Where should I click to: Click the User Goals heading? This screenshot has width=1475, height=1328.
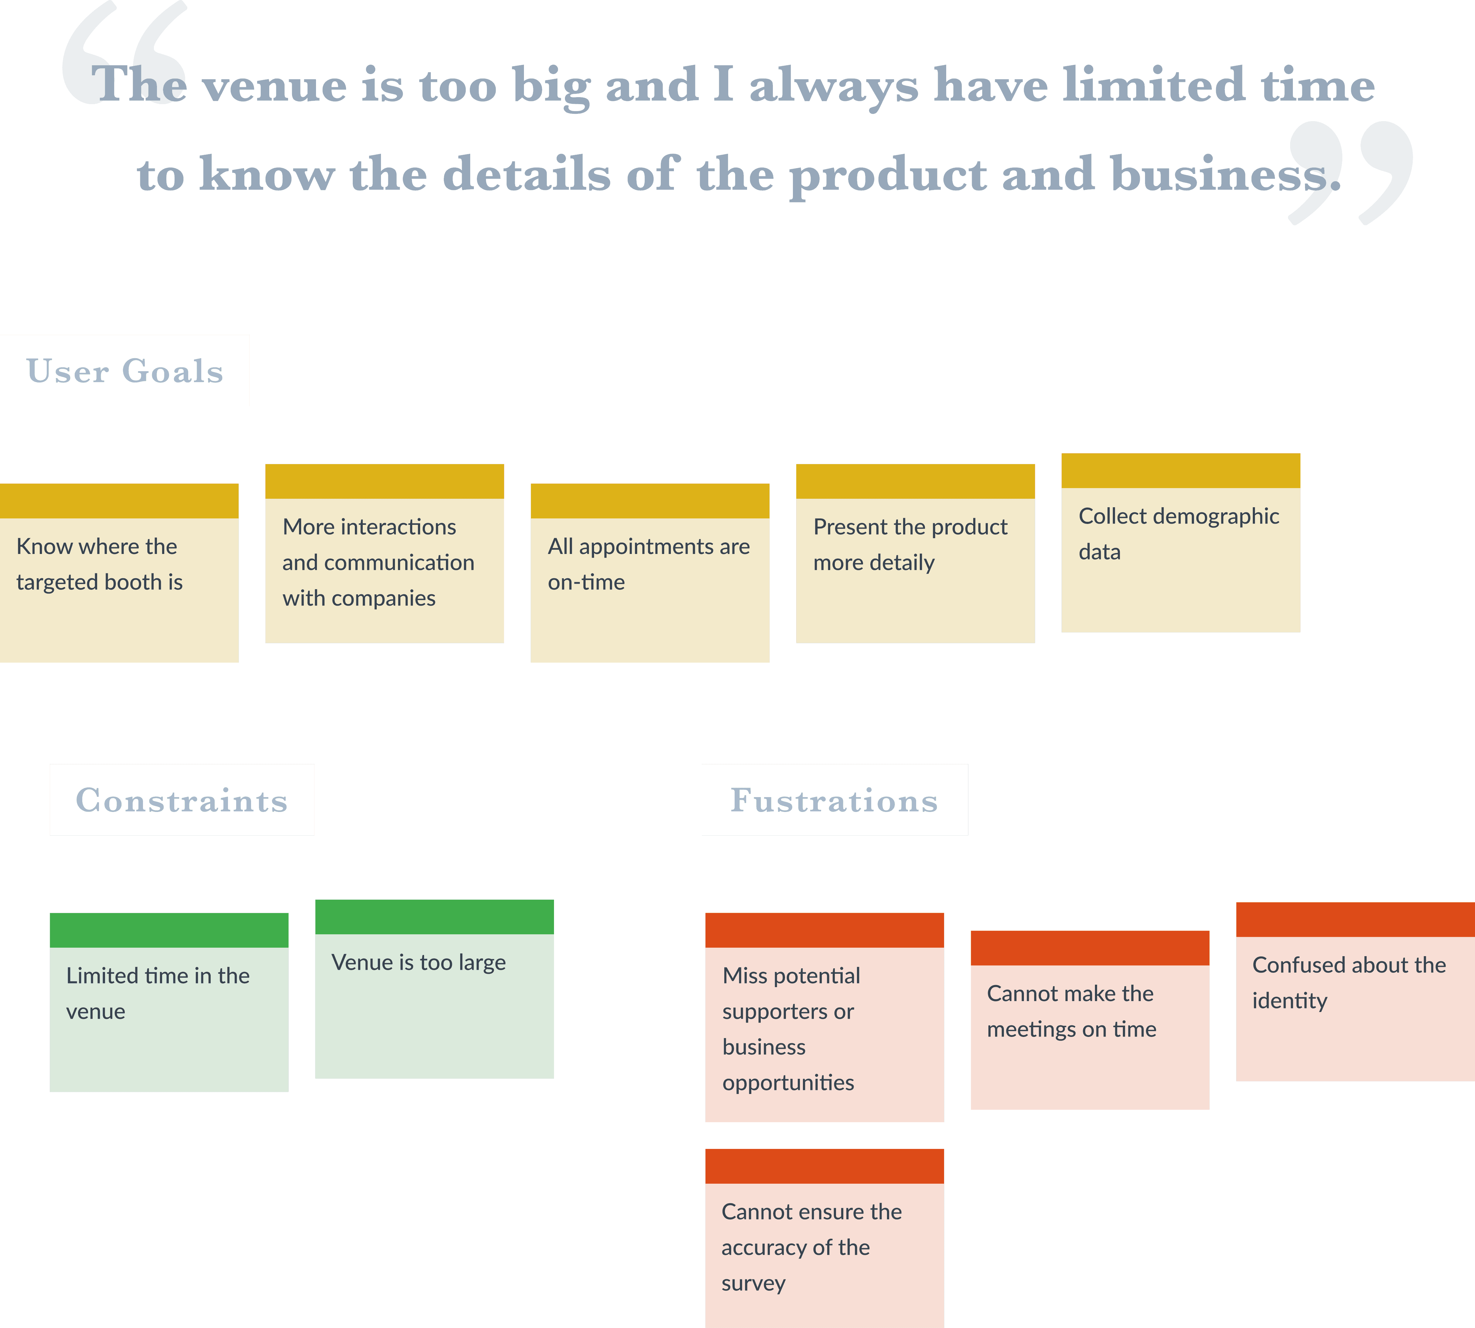tap(125, 371)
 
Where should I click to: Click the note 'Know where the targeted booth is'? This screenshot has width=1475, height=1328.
tap(99, 564)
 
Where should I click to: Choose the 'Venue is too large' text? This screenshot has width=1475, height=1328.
tap(418, 963)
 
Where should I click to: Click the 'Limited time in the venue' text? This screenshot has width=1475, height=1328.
tap(158, 993)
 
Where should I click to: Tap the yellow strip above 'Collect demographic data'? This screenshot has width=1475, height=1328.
tap(1180, 470)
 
